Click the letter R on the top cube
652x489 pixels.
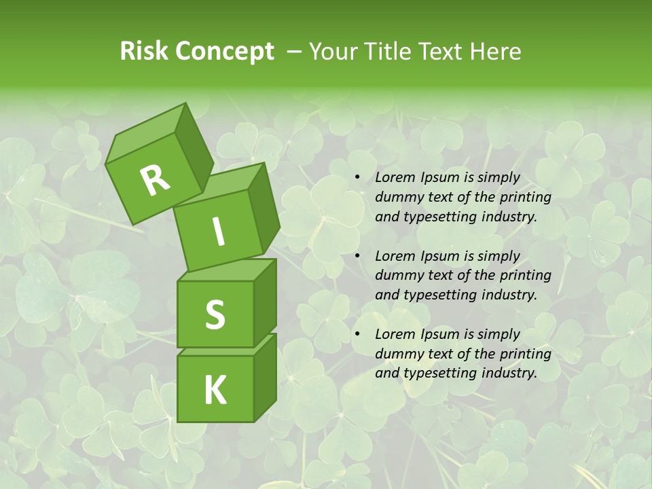155,180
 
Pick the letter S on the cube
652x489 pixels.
215,314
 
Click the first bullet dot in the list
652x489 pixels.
357,178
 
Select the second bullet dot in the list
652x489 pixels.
357,256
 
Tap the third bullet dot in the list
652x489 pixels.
357,334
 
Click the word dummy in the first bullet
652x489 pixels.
396,198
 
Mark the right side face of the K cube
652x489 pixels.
265,377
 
